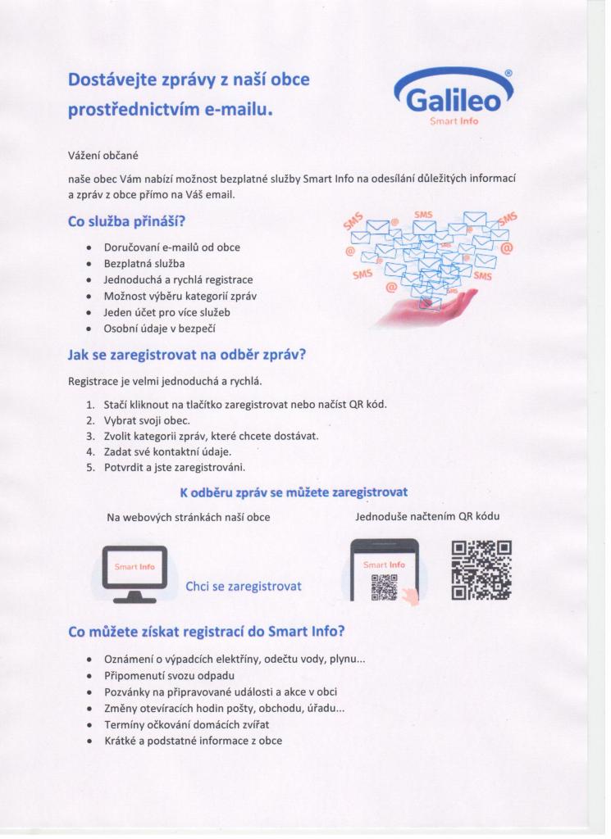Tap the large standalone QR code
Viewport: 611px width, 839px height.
[481, 570]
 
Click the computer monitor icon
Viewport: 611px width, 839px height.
[135, 574]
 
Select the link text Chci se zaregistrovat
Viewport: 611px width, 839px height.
[244, 587]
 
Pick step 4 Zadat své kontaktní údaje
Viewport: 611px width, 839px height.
[167, 451]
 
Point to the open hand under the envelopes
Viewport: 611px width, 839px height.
[426, 307]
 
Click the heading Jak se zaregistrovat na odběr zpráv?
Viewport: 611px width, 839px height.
[188, 356]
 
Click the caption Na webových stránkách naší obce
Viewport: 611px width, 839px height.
[189, 518]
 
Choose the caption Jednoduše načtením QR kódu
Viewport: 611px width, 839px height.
[427, 517]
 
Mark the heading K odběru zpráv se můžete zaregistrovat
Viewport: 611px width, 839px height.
[294, 492]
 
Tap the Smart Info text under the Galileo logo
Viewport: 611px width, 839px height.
[454, 121]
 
